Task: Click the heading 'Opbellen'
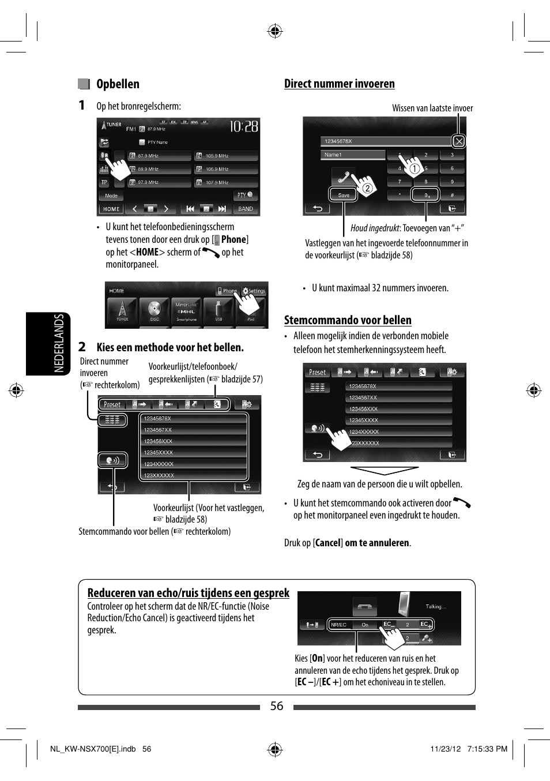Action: tap(118, 84)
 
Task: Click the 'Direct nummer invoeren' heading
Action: tap(339, 84)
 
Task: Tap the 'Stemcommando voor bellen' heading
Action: tap(348, 320)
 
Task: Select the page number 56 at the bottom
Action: tap(277, 706)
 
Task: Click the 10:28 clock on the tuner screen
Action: tap(244, 126)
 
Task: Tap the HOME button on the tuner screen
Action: tap(111, 209)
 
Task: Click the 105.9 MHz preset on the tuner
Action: tap(226, 156)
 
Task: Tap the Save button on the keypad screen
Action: tap(344, 195)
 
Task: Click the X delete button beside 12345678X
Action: tap(458, 141)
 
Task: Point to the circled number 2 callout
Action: tap(367, 187)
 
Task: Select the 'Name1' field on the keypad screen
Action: tap(352, 155)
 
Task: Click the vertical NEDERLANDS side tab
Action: tap(58, 343)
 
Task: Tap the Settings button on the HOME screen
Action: tap(254, 291)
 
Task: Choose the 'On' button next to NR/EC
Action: tap(364, 625)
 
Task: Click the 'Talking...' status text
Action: tap(435, 607)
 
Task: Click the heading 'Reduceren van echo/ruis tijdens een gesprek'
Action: tap(188, 593)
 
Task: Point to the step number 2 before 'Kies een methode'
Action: tap(82, 347)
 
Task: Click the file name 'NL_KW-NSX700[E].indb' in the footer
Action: tap(93, 749)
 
